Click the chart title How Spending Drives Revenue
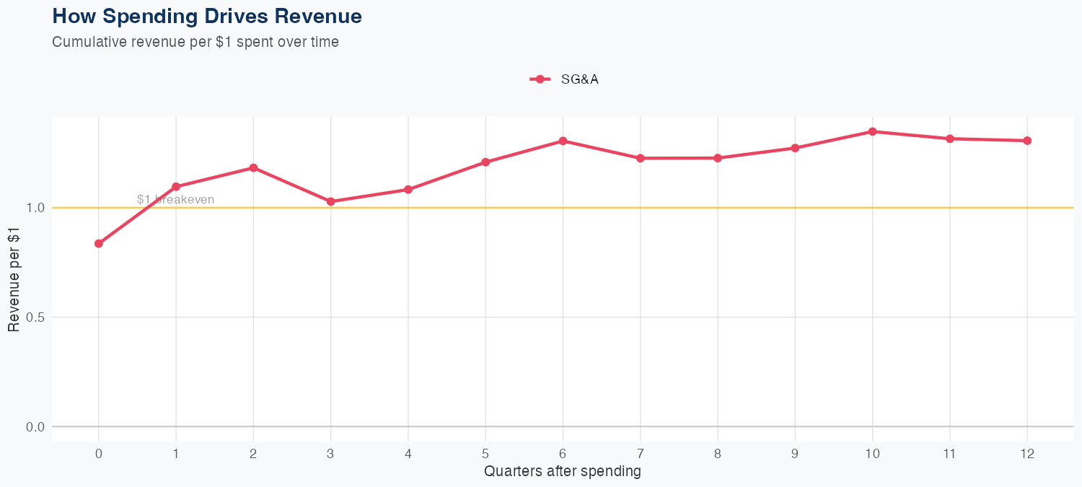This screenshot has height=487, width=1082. (x=207, y=16)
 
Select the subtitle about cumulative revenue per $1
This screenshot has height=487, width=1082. (x=195, y=42)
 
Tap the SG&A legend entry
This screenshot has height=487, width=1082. (x=565, y=79)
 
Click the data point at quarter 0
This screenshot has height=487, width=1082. (x=99, y=244)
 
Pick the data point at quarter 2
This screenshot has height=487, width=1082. (x=253, y=167)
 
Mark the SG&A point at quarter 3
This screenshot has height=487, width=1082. (x=331, y=202)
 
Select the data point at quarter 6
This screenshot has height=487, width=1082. (x=563, y=141)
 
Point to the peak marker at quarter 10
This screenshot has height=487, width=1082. (x=872, y=131)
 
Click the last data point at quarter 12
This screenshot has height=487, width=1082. (x=1027, y=141)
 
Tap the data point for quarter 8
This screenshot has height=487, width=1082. (x=718, y=158)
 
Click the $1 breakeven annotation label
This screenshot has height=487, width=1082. (x=175, y=200)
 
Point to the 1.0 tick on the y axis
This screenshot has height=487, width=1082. (x=35, y=208)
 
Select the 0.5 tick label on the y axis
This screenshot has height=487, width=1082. (x=35, y=317)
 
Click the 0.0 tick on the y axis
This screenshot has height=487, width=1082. (x=35, y=427)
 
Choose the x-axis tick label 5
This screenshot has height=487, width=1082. (x=485, y=454)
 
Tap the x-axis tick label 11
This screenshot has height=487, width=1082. (x=949, y=454)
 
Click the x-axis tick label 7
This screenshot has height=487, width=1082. (x=640, y=454)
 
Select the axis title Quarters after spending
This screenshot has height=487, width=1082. (x=563, y=472)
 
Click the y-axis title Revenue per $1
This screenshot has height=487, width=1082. (x=14, y=280)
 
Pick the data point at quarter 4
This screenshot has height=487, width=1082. (x=408, y=190)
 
